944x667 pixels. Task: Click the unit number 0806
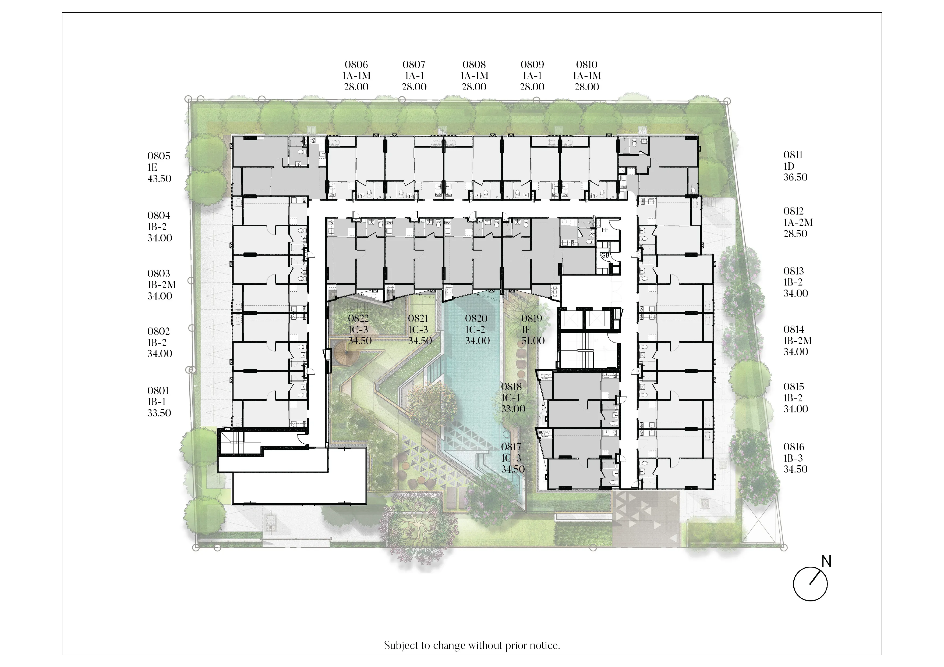tap(356, 65)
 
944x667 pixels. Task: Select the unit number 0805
tap(159, 156)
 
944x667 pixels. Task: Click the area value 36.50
tap(795, 177)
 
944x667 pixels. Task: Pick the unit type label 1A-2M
tap(798, 222)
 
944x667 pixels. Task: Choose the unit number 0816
tap(794, 447)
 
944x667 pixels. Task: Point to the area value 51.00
tap(533, 341)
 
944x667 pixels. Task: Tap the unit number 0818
tap(511, 387)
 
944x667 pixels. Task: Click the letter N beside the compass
tap(826, 561)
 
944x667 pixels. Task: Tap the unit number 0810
tap(587, 65)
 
